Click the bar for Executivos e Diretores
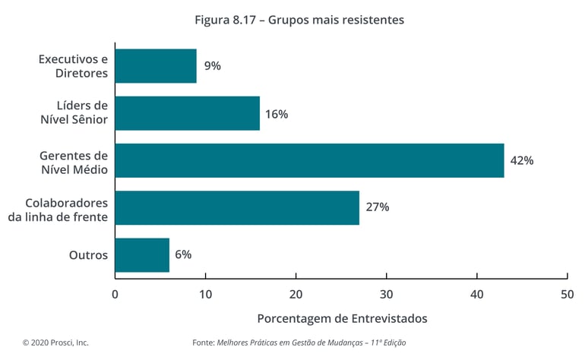point(156,66)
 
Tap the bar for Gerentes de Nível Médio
point(309,160)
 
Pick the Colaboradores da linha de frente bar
point(237,207)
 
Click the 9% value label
point(212,66)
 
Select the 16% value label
point(276,114)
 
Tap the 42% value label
point(522,161)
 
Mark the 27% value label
point(377,207)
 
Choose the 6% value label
point(183,254)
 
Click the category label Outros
point(88,255)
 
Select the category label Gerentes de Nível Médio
point(74,161)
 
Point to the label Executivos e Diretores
point(73,66)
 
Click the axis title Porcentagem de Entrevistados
point(342,318)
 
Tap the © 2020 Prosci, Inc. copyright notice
point(55,343)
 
